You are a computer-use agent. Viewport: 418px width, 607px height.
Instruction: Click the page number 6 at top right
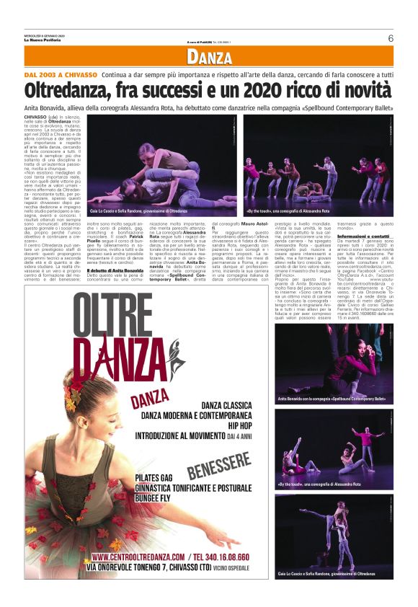point(390,38)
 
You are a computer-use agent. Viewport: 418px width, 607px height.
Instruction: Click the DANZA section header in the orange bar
point(208,58)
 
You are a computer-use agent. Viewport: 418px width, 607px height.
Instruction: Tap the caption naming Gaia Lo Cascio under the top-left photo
point(138,211)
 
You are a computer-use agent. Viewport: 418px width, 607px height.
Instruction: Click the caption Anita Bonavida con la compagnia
point(332,398)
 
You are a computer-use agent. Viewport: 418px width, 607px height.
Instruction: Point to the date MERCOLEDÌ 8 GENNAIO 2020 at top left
point(45,35)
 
